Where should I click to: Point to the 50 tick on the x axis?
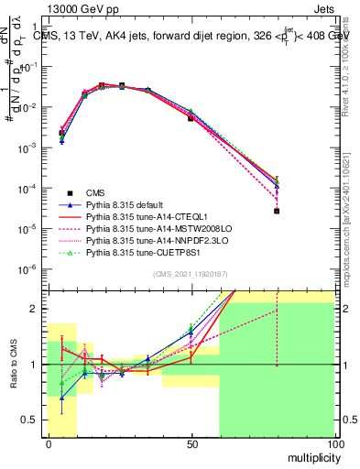191,442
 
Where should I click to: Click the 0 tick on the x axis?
48,442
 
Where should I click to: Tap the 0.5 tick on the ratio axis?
34,420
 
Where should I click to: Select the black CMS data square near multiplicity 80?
277,211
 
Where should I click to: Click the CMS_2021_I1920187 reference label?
190,275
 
